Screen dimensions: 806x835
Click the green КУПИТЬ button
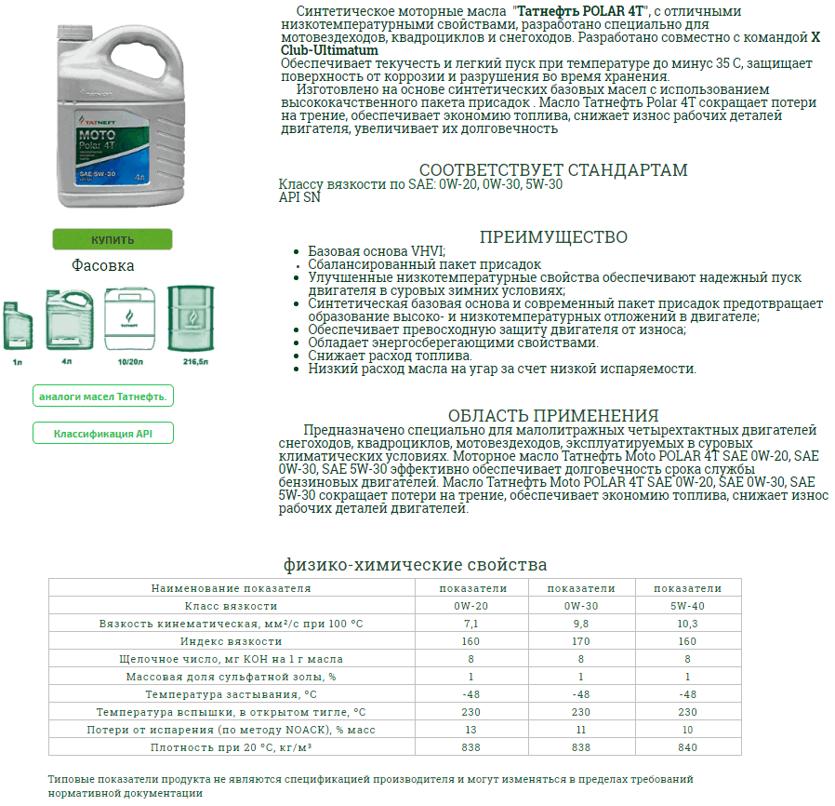pos(113,239)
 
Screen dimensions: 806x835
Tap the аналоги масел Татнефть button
pos(103,396)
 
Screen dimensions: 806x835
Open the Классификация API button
pos(103,434)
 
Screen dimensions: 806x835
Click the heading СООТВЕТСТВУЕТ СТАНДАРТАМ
pos(553,170)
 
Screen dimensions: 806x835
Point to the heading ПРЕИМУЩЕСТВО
pos(553,237)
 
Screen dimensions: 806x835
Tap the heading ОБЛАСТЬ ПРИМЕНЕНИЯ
pos(553,415)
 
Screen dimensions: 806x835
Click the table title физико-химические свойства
pos(415,565)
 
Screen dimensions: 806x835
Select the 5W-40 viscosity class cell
pos(688,606)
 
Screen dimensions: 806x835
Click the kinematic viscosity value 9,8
pos(581,624)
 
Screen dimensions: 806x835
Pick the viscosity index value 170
pos(581,641)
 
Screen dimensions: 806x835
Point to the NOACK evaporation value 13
pos(471,730)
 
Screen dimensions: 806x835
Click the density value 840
pos(688,747)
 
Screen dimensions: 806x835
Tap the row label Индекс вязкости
pos(231,641)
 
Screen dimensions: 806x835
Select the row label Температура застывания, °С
pos(231,694)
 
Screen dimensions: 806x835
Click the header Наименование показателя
pos(231,588)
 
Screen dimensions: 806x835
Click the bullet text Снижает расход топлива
pos(391,356)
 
